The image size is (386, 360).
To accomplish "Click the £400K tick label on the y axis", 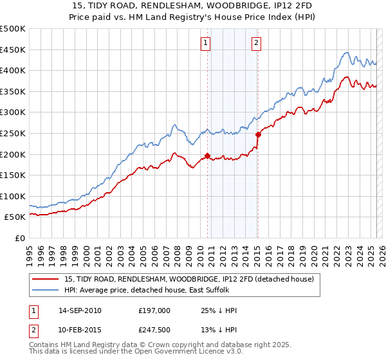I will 13,71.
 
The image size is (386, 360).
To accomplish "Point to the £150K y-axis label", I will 13,175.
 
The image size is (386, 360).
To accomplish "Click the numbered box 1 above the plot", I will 205,43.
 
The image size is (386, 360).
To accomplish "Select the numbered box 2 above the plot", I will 256,43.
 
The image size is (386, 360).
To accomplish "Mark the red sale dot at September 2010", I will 208,156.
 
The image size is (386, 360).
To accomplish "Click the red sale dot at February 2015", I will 258,134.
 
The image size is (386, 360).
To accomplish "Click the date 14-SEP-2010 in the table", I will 80,310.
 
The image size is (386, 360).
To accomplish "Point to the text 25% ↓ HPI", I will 219,310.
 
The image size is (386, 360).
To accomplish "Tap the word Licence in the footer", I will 197,354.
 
